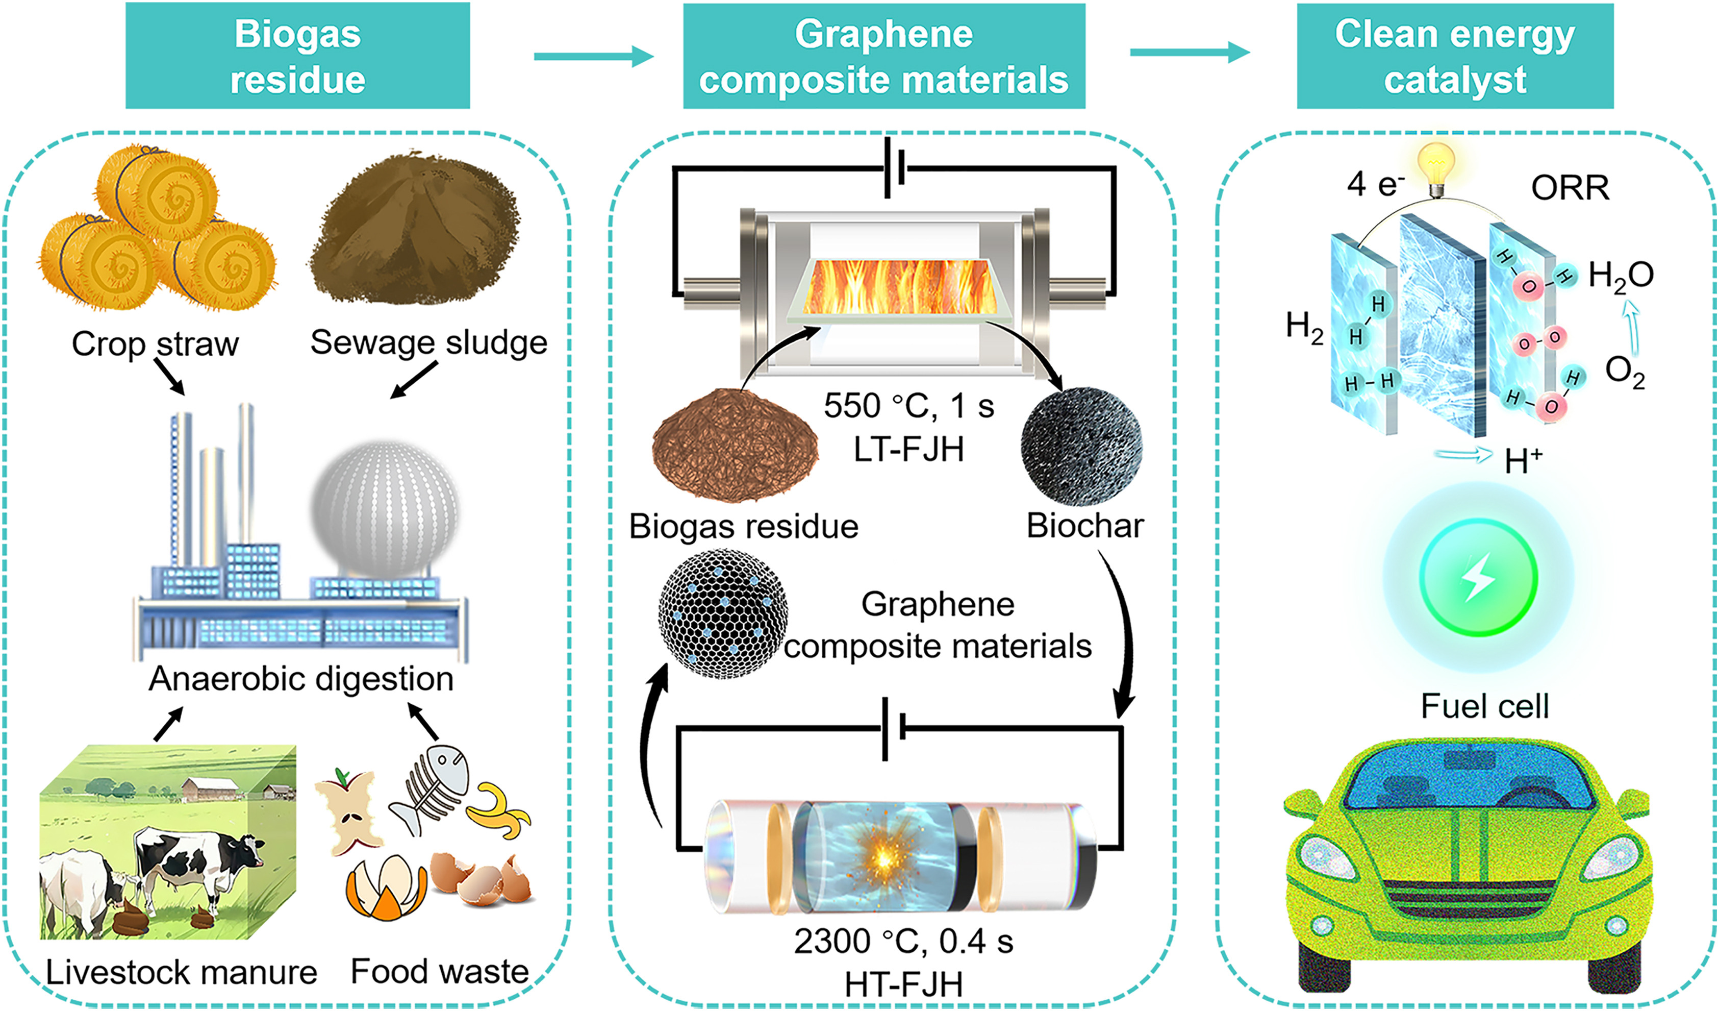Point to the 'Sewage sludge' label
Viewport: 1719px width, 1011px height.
point(428,342)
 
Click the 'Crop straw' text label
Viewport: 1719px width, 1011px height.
point(156,343)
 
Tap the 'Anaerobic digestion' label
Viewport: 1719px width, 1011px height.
point(301,679)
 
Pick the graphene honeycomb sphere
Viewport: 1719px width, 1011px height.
point(722,613)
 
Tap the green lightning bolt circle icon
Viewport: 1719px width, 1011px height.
point(1478,577)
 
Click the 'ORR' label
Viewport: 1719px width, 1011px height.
point(1570,188)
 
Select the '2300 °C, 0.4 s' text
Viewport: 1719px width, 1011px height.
point(903,942)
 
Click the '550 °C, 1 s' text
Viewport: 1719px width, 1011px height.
point(908,406)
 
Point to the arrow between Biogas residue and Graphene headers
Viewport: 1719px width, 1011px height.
point(593,56)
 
